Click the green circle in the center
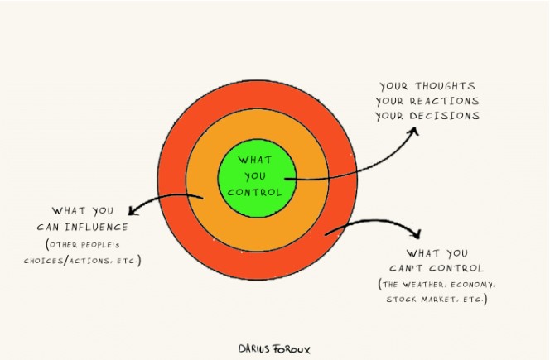257,178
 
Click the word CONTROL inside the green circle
254,193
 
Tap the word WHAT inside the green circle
255,160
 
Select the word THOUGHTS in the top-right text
445,86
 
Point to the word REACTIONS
445,101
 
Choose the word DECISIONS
445,116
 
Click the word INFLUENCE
96,227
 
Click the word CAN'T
406,268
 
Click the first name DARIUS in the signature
254,348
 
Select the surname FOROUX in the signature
292,349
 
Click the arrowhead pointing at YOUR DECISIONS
415,131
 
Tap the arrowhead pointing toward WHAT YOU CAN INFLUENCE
133,210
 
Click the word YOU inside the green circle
255,176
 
